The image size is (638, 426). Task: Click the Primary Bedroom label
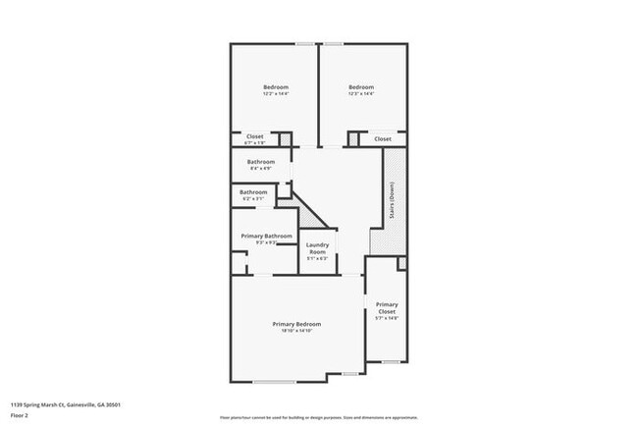tap(295, 323)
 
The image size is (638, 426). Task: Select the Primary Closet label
tap(386, 308)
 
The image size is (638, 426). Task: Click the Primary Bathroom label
tap(267, 236)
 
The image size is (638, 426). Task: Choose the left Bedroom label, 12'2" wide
tap(275, 88)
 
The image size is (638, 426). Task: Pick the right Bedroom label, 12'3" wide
tap(361, 88)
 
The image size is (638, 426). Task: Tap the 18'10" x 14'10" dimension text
tap(295, 331)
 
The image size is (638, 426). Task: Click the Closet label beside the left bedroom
tap(254, 136)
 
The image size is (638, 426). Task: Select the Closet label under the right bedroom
tap(383, 139)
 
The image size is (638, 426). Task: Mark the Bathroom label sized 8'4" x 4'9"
tap(260, 162)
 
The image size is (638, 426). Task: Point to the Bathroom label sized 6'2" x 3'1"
tap(253, 191)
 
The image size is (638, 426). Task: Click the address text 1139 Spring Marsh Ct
tap(66, 403)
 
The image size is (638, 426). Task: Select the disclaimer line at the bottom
tap(319, 417)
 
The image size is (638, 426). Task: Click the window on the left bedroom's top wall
tap(305, 43)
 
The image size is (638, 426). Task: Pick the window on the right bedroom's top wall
tap(335, 43)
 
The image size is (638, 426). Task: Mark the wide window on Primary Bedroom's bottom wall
tap(274, 382)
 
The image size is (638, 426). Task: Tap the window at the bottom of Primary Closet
tap(391, 361)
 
